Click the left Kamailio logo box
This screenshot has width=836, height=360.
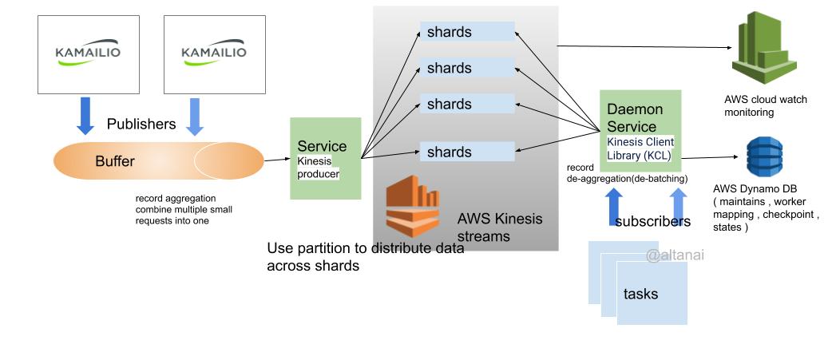(88, 53)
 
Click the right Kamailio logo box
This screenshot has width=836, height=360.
(213, 53)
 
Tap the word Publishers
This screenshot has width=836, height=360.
(141, 124)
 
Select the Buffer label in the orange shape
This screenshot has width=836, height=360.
(115, 161)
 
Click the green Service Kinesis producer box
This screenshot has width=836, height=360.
(325, 158)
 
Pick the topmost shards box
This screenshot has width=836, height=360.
(467, 32)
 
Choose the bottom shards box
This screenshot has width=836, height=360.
(467, 152)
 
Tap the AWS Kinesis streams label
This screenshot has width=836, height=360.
(499, 227)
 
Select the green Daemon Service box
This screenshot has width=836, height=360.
(640, 130)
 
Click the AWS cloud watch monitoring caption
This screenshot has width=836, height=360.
(765, 106)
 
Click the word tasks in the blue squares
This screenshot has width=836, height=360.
(640, 294)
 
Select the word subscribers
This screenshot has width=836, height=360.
(652, 221)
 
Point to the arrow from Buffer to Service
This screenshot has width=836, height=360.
(276, 160)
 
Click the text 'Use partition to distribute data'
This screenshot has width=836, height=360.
(365, 248)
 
